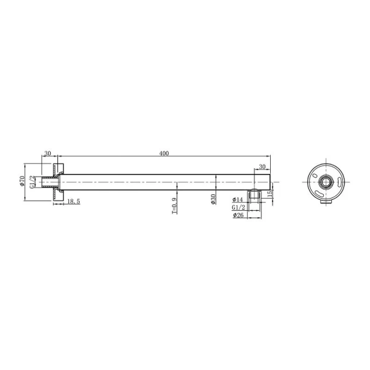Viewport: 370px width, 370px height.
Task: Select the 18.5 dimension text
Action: click(x=72, y=202)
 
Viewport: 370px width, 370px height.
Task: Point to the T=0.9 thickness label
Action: click(x=175, y=205)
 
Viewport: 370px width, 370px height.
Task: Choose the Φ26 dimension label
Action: click(x=239, y=216)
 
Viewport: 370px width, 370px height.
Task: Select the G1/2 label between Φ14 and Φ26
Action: click(x=239, y=208)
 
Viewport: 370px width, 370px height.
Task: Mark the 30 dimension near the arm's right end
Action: click(x=261, y=167)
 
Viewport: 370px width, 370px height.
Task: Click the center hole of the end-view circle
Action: click(x=326, y=182)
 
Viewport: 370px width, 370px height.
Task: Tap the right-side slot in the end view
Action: click(x=339, y=182)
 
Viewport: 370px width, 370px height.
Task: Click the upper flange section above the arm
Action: click(x=59, y=169)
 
